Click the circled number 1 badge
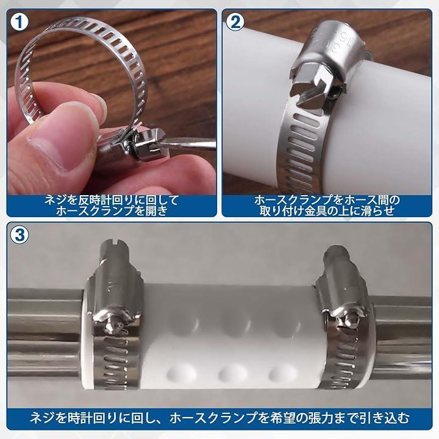[20, 23]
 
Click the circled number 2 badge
[235, 23]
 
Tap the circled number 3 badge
[20, 235]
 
